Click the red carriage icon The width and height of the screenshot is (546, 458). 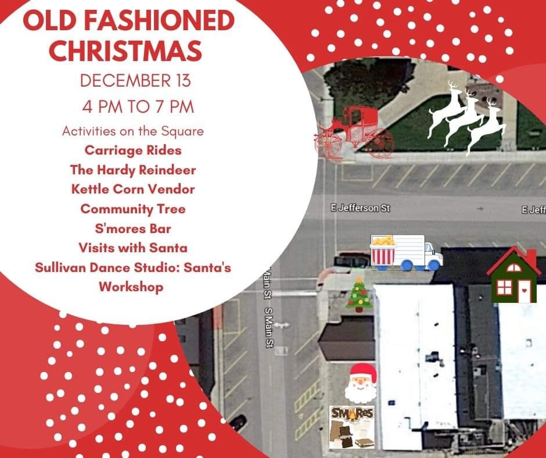tap(354, 133)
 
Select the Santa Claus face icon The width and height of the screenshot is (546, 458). tap(361, 383)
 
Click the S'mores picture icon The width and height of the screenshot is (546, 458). tap(352, 427)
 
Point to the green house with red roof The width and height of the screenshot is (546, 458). tap(514, 275)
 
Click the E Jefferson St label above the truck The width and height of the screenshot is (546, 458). tap(360, 208)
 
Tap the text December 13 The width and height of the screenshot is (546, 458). tap(135, 81)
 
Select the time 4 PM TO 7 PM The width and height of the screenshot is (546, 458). tap(138, 107)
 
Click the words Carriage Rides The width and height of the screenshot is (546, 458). tap(133, 150)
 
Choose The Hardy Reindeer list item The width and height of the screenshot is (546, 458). tap(133, 170)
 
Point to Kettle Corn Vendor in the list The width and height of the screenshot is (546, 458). tap(133, 189)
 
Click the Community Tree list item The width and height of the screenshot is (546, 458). tap(133, 209)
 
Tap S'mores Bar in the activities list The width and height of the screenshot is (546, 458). tap(133, 228)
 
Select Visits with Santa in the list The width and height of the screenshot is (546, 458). tap(133, 248)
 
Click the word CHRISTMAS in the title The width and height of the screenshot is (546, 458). tap(125, 51)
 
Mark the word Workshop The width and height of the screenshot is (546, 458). tap(131, 287)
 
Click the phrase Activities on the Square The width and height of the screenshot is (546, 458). tap(133, 131)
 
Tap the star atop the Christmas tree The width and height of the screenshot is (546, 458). tap(359, 280)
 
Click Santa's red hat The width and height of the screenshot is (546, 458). tap(364, 371)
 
